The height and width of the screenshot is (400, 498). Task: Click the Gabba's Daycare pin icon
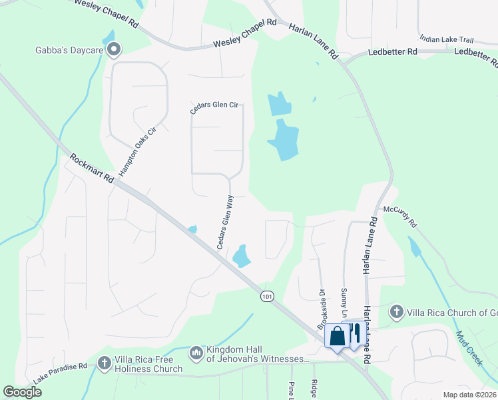pos(113,48)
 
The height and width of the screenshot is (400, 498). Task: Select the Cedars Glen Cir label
pos(214,108)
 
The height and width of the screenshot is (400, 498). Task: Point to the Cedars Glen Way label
pos(225,222)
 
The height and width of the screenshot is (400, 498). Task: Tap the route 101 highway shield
pos(267,296)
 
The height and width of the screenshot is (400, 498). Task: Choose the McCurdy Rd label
pos(399,217)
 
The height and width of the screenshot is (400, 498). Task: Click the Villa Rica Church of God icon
pos(396,312)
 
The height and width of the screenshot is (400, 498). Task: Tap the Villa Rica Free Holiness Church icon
pos(105,363)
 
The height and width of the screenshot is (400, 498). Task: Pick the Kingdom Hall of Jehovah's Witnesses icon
pos(196,351)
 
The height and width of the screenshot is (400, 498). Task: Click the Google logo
pos(22,392)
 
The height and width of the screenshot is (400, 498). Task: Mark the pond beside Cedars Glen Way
pos(240,255)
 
